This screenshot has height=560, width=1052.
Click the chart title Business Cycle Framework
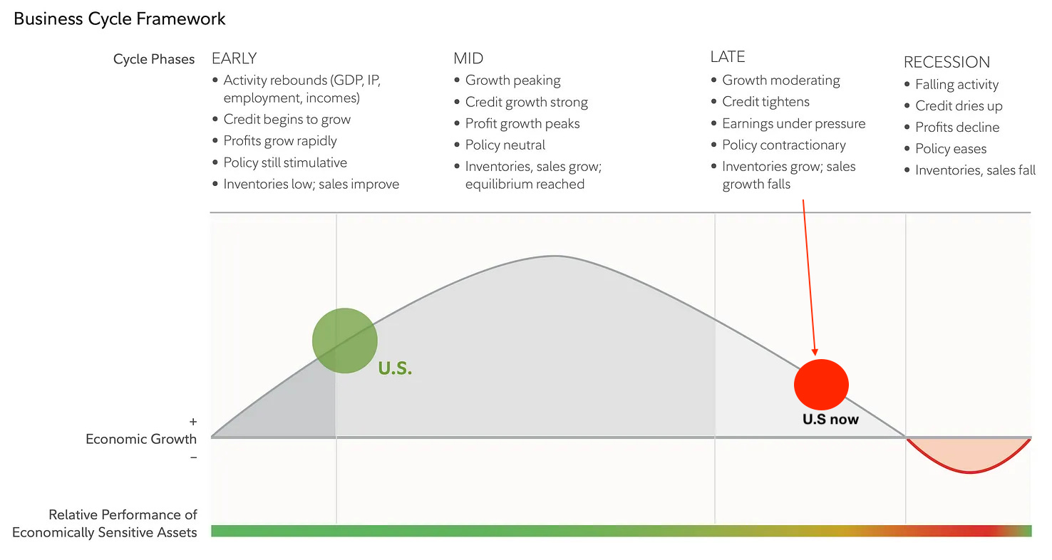[x=120, y=19]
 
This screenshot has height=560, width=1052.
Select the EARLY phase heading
[x=234, y=58]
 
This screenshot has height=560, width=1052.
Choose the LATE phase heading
[x=726, y=57]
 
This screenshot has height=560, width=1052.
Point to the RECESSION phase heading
[x=947, y=62]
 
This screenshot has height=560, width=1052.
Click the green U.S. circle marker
[x=345, y=341]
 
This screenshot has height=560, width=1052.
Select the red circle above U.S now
[x=821, y=385]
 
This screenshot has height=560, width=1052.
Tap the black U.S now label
[x=830, y=419]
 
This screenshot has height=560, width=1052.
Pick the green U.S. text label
[x=395, y=369]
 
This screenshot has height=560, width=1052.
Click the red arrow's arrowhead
[x=815, y=349]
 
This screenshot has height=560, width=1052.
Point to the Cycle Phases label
[x=154, y=59]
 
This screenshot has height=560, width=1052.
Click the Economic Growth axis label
[x=141, y=439]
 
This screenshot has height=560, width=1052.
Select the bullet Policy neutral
[x=505, y=145]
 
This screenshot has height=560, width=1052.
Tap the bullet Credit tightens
[x=765, y=102]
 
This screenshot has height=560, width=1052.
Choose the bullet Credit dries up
[x=959, y=106]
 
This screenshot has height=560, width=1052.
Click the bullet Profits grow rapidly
[x=280, y=141]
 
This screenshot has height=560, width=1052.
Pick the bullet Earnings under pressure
[x=793, y=124]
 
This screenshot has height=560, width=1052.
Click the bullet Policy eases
[x=951, y=149]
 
